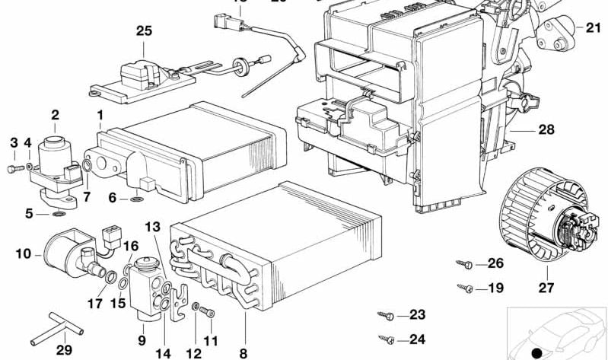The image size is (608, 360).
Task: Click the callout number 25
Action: coord(144,31)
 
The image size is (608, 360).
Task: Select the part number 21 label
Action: coord(593,27)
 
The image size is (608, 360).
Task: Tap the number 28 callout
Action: coord(546,130)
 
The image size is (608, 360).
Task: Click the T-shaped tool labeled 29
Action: coord(65,327)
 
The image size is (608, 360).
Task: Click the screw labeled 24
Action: coord(385,339)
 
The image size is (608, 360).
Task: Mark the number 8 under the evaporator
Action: coord(244,352)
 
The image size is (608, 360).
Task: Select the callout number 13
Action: coord(153,227)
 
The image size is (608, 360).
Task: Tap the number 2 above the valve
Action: coord(55,116)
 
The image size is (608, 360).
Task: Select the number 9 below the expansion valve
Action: coord(142,340)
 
